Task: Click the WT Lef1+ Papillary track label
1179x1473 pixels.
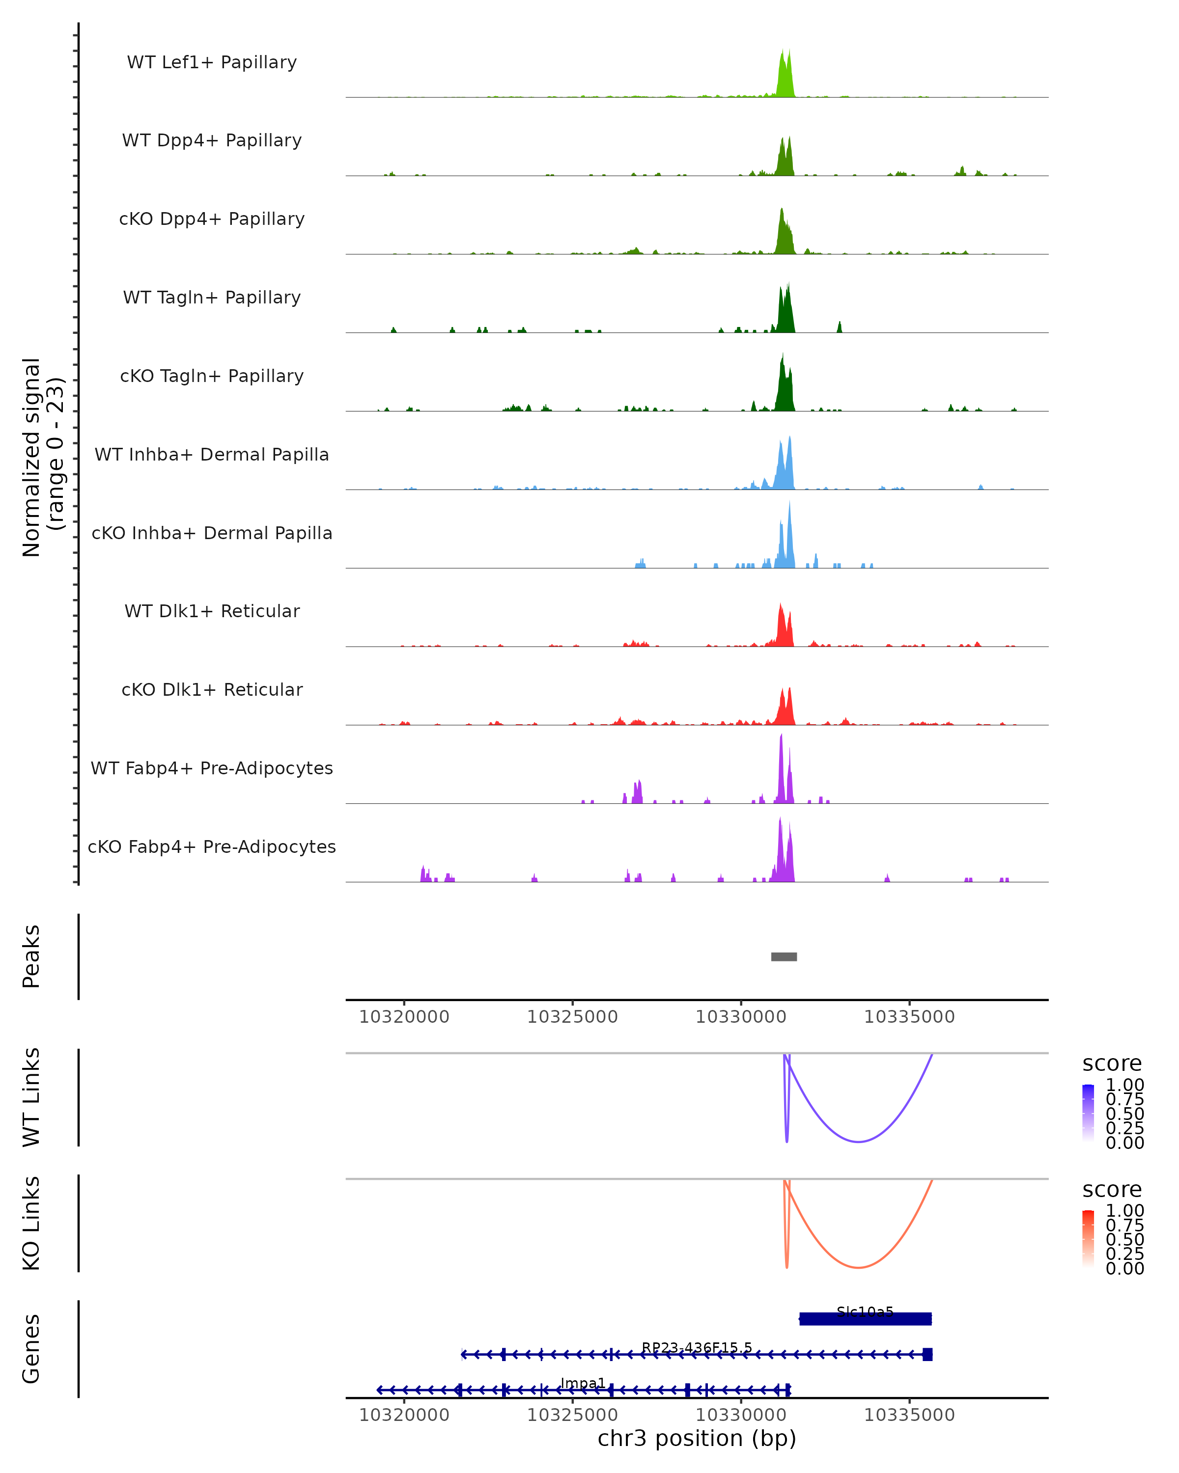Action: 212,62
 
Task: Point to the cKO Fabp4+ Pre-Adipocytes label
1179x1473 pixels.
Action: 212,846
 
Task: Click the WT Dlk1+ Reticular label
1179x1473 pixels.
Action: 212,611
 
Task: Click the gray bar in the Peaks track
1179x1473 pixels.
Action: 784,956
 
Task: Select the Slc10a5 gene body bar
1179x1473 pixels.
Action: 865,1319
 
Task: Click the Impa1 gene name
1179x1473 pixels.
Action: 583,1384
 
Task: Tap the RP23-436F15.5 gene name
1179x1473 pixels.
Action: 697,1348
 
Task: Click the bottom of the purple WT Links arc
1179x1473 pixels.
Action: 858,1142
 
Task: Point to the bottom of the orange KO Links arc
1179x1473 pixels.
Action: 858,1267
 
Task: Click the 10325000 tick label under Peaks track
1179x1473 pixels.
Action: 572,1017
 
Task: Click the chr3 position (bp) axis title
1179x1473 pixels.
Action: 697,1439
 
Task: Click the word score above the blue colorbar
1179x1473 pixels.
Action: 1112,1064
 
